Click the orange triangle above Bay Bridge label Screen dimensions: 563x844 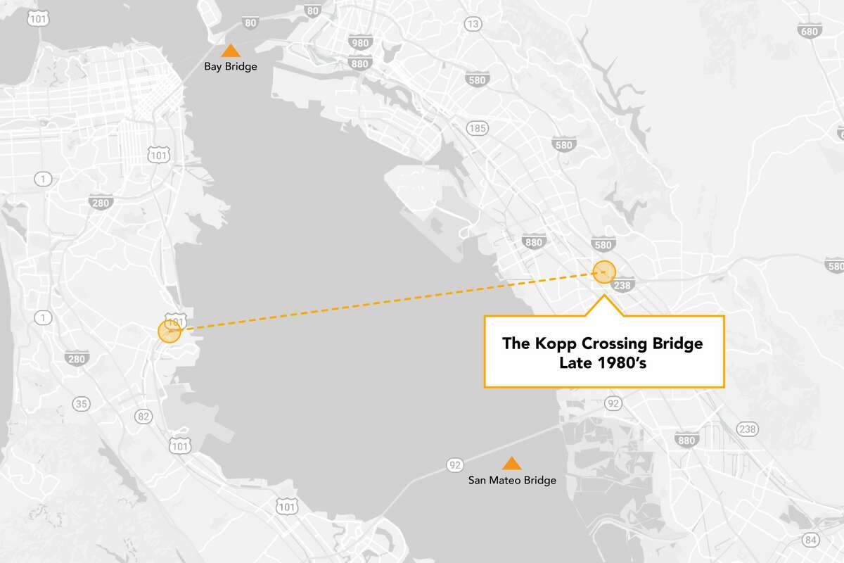pos(229,51)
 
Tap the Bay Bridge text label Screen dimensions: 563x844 pos(231,67)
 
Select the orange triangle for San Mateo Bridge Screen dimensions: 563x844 pos(511,463)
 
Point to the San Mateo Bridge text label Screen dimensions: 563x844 pos(512,481)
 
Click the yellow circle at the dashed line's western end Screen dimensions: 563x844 pos(170,331)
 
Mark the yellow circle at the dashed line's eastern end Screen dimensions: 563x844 pos(604,272)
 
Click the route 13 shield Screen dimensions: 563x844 pos(473,25)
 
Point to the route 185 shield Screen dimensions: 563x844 pos(477,128)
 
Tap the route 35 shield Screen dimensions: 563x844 pos(81,403)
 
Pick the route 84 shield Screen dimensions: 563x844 pos(811,540)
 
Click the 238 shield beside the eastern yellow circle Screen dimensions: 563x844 pos(622,285)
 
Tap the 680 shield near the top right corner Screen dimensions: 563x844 pos(810,32)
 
